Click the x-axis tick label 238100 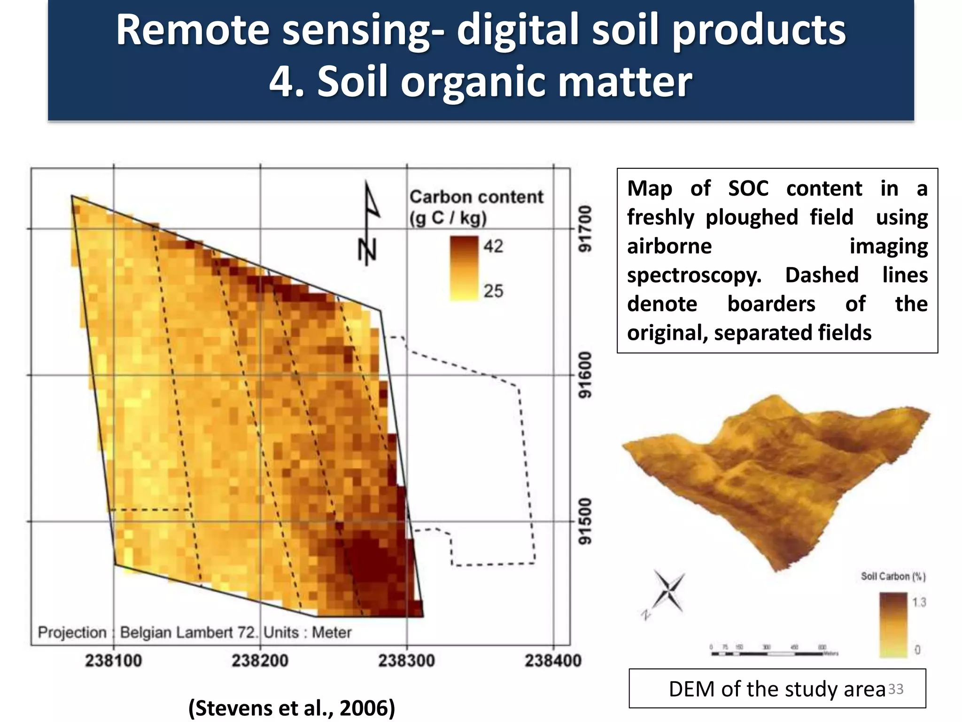(113, 660)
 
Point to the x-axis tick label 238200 (260, 660)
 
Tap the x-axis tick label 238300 (406, 660)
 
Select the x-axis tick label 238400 (553, 660)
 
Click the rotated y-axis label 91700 (585, 229)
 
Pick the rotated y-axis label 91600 (585, 375)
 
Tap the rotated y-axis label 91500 (585, 522)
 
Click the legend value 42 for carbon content (493, 246)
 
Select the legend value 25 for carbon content (493, 291)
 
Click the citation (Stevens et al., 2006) (292, 707)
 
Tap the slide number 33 (896, 689)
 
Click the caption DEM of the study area (777, 689)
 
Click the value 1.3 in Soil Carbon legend (919, 602)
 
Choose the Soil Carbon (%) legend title (893, 576)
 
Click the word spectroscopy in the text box (694, 275)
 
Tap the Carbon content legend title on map (475, 207)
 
